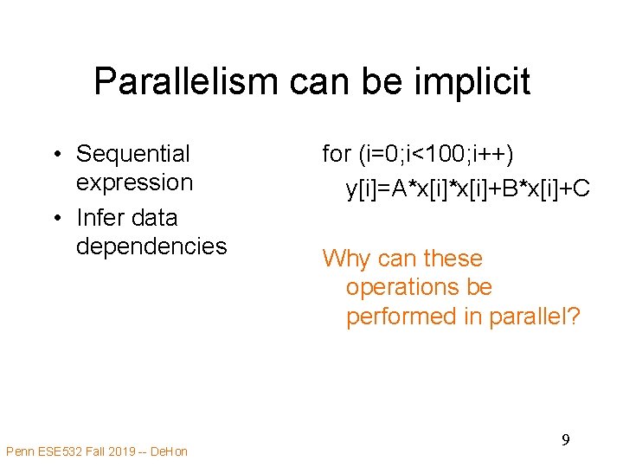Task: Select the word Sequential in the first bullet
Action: pos(133,154)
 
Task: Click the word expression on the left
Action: pos(134,182)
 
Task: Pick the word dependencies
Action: pos(151,246)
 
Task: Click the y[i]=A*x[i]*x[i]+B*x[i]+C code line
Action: pos(468,188)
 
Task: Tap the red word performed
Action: pos(401,317)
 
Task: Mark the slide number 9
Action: pos(564,440)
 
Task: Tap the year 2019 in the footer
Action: pos(116,451)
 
